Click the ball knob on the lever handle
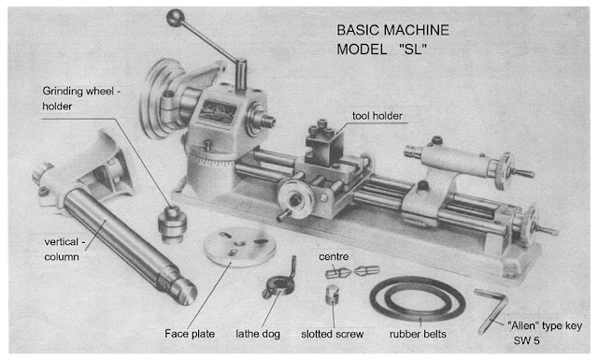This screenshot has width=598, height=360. click(176, 18)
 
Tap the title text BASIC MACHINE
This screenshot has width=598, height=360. click(392, 30)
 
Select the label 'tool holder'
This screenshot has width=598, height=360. click(377, 116)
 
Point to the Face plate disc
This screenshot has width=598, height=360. click(240, 247)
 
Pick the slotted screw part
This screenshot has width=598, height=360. click(333, 294)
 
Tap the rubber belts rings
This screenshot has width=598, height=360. click(418, 299)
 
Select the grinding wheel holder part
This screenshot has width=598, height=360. click(172, 223)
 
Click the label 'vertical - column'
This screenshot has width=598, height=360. click(63, 250)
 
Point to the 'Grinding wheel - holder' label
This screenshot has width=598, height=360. click(81, 98)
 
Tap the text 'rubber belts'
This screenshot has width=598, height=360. click(418, 334)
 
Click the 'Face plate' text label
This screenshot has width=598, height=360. click(190, 334)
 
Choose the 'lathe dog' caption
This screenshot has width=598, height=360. click(258, 334)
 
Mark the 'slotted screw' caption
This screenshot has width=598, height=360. click(333, 334)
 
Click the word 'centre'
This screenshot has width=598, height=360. click(334, 256)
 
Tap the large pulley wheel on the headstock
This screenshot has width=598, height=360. click(160, 98)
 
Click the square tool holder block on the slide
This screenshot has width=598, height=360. click(324, 144)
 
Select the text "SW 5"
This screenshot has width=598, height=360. click(526, 340)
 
